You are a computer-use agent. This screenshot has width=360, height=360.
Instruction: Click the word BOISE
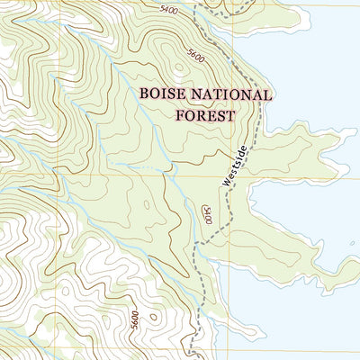(159, 94)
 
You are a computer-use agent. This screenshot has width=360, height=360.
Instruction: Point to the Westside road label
(233, 167)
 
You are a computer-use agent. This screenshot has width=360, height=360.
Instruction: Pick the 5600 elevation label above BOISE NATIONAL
(195, 56)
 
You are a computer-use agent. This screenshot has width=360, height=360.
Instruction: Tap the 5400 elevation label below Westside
(207, 216)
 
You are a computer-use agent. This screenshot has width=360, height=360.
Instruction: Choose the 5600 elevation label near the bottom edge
(133, 319)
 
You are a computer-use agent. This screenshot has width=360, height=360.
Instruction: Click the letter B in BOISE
(143, 94)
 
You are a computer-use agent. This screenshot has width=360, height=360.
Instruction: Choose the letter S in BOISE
(167, 94)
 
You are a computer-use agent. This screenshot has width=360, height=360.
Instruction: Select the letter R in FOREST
(204, 115)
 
